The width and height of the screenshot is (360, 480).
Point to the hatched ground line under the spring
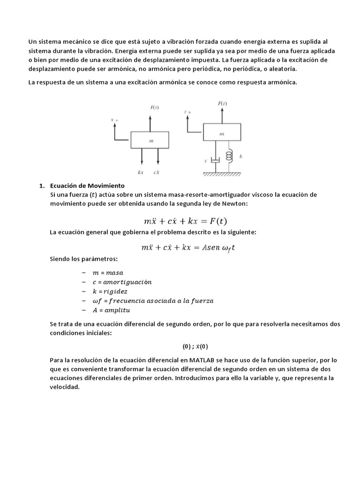pyautogui.click(x=223, y=173)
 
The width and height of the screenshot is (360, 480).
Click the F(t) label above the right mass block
pyautogui.click(x=222, y=103)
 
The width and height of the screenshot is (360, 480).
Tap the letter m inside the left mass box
pyautogui.click(x=150, y=140)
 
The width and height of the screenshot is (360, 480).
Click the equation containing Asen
pyautogui.click(x=187, y=247)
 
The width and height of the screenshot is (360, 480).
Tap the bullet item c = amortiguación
pyautogui.click(x=122, y=282)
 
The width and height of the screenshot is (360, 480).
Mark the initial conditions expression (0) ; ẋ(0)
pyautogui.click(x=195, y=347)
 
